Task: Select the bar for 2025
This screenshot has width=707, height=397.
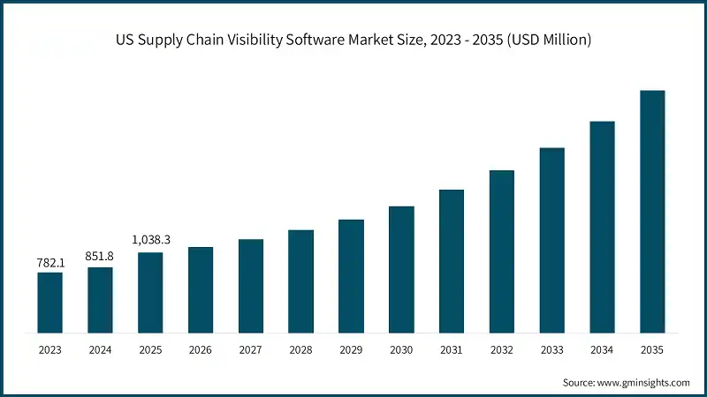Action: pyautogui.click(x=150, y=293)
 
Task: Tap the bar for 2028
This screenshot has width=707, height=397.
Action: pyautogui.click(x=301, y=281)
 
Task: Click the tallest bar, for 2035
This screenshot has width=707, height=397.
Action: pyautogui.click(x=652, y=212)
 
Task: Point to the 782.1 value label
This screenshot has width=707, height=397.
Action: pyautogui.click(x=49, y=262)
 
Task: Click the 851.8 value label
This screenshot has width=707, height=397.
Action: pyautogui.click(x=100, y=257)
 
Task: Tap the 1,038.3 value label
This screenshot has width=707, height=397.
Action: pyautogui.click(x=150, y=240)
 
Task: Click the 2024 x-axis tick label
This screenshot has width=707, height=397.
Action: pyautogui.click(x=100, y=350)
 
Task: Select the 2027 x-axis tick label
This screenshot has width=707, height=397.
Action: pyautogui.click(x=251, y=350)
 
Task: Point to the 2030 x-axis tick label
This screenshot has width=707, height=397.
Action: pyautogui.click(x=401, y=350)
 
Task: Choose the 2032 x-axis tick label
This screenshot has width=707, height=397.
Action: pyautogui.click(x=502, y=350)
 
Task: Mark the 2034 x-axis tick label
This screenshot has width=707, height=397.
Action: pyautogui.click(x=602, y=350)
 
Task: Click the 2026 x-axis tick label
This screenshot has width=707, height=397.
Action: pyautogui.click(x=201, y=350)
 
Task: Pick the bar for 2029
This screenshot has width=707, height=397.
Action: pyautogui.click(x=352, y=276)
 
